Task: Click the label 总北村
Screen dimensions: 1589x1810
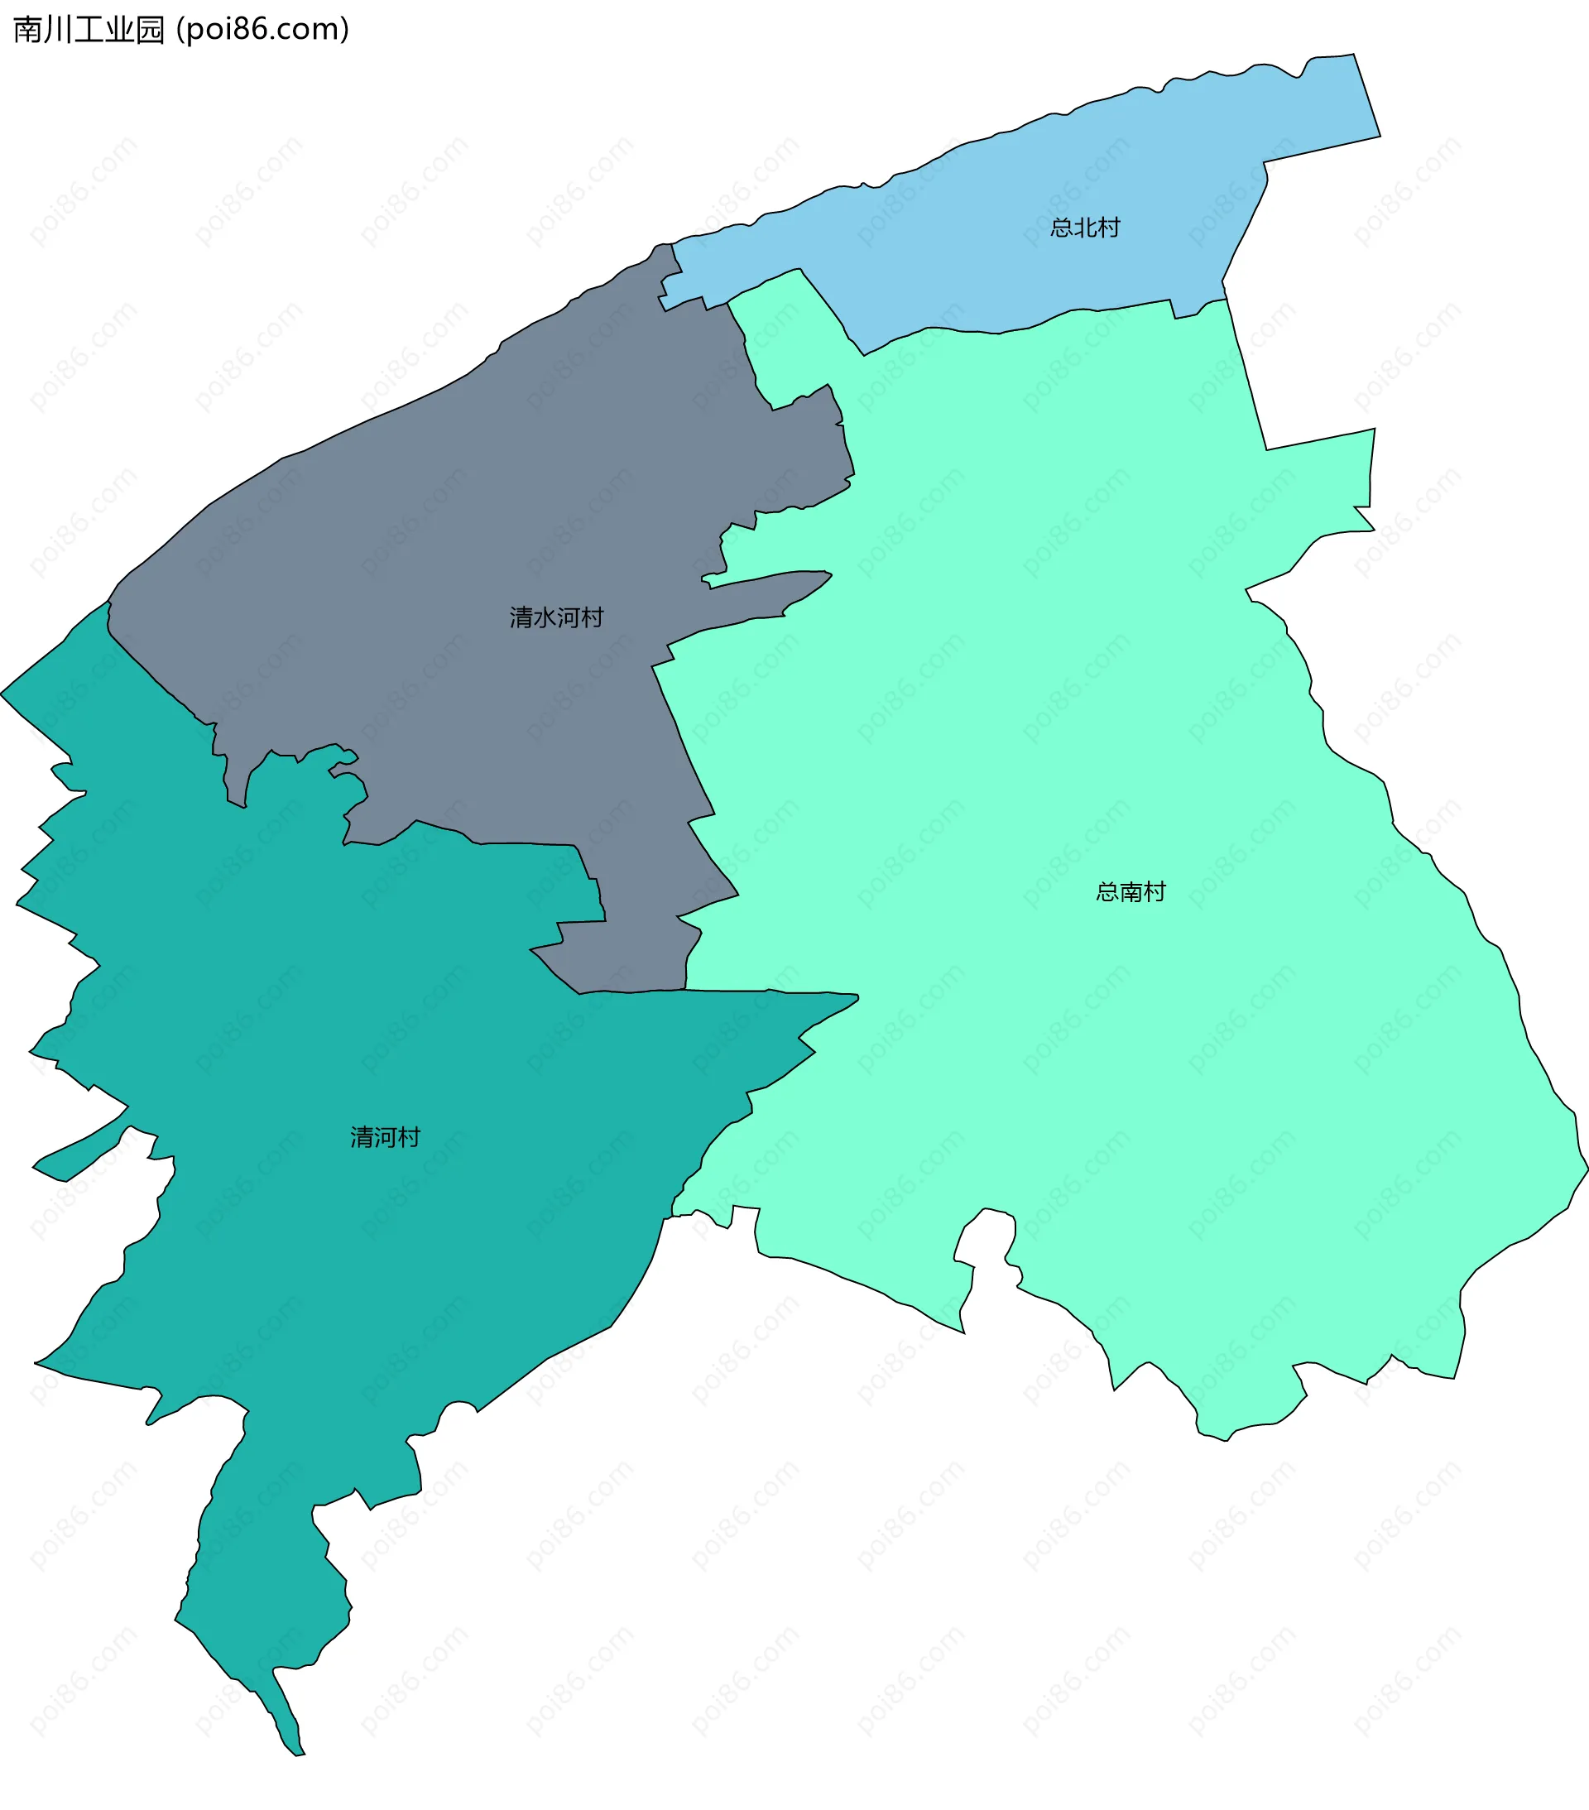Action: pyautogui.click(x=1085, y=228)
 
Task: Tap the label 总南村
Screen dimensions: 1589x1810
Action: pyautogui.click(x=1131, y=891)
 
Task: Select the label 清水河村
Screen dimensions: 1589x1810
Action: pyautogui.click(x=556, y=617)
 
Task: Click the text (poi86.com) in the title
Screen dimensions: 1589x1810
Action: pyautogui.click(x=263, y=29)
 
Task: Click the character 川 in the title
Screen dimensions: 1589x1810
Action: pyautogui.click(x=56, y=29)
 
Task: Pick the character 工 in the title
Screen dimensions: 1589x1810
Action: pyautogui.click(x=88, y=29)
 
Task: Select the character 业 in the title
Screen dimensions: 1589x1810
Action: pyautogui.click(x=118, y=29)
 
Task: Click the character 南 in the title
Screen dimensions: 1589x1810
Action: pyautogui.click(x=26, y=29)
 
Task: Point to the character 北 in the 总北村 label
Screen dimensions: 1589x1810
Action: pyautogui.click(x=1085, y=228)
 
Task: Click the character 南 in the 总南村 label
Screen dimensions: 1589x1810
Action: pyautogui.click(x=1131, y=891)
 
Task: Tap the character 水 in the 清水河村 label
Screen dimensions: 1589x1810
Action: pyautogui.click(x=545, y=617)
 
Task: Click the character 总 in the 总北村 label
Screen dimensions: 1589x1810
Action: pyautogui.click(x=1062, y=228)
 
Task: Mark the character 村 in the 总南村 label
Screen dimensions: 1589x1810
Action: pyautogui.click(x=1155, y=891)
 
